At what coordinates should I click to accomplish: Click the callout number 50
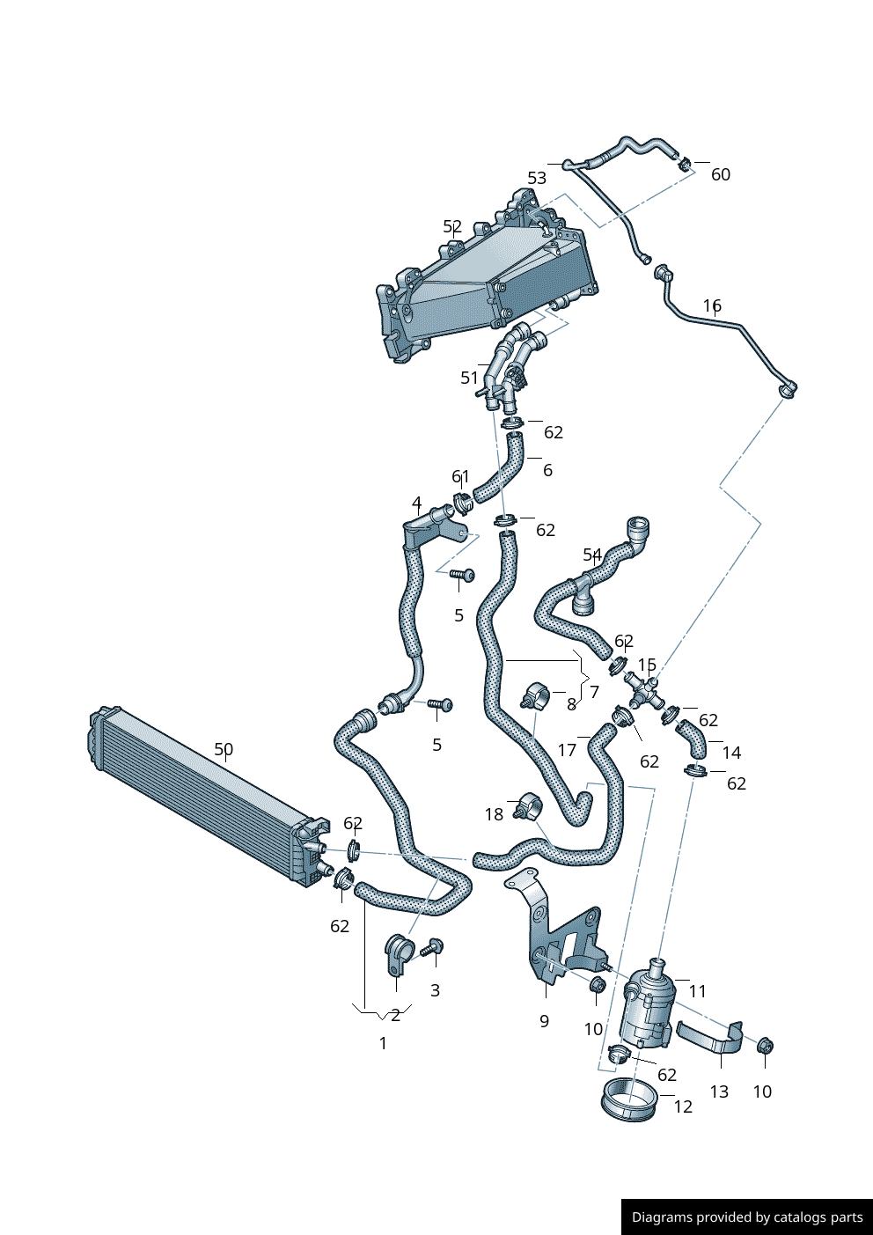pyautogui.click(x=224, y=750)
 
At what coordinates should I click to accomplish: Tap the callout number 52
pyautogui.click(x=452, y=227)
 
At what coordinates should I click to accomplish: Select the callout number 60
pyautogui.click(x=720, y=175)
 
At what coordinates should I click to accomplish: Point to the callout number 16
pyautogui.click(x=712, y=306)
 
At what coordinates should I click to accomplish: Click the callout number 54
pyautogui.click(x=592, y=555)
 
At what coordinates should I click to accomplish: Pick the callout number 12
pyautogui.click(x=683, y=1107)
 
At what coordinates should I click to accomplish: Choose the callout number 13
pyautogui.click(x=719, y=1092)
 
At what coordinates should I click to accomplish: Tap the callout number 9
pyautogui.click(x=544, y=1021)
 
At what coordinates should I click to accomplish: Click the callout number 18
pyautogui.click(x=494, y=814)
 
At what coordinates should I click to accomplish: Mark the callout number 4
pyautogui.click(x=416, y=504)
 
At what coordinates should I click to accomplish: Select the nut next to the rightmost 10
pyautogui.click(x=765, y=1046)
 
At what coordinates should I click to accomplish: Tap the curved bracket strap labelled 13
pyautogui.click(x=709, y=1037)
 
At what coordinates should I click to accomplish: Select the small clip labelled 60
pyautogui.click(x=684, y=163)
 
